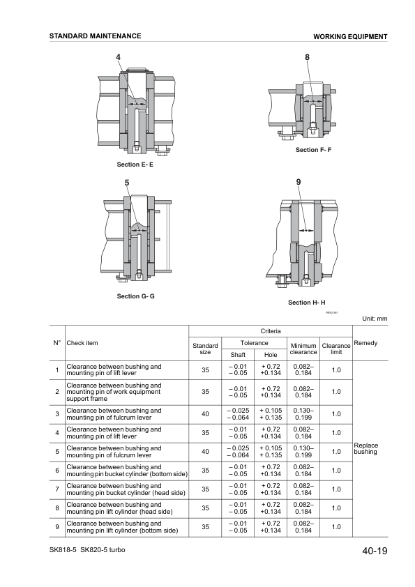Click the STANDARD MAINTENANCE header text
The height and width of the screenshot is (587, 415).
pos(96,36)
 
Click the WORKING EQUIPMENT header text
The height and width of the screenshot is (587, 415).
pos(350,36)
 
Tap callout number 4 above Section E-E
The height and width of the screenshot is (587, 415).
pos(118,56)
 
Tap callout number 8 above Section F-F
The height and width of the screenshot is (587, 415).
pos(308,56)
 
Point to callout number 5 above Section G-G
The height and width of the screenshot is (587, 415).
pos(127,183)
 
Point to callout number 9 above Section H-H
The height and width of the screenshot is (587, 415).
pos(299,182)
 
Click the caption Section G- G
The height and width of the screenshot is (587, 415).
pos(136,296)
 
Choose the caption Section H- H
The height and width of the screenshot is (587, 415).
pos(307,303)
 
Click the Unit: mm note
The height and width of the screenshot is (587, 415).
pos(375,319)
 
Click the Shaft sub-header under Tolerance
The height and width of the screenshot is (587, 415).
pos(238,355)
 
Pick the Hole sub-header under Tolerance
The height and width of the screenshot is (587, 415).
pos(270,355)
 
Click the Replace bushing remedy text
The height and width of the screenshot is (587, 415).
pos(366,448)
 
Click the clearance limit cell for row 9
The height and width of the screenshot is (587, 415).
pos(336,527)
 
